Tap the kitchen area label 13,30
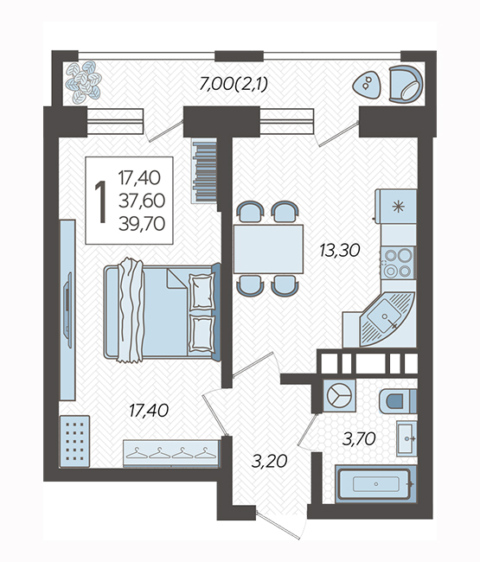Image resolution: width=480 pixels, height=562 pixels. pyautogui.click(x=340, y=250)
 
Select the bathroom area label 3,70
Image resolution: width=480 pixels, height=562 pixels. pyautogui.click(x=359, y=438)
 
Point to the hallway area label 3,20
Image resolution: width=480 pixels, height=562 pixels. pyautogui.click(x=269, y=462)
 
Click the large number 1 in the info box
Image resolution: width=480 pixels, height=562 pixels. pyautogui.click(x=101, y=201)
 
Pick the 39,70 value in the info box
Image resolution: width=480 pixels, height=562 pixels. pyautogui.click(x=142, y=224)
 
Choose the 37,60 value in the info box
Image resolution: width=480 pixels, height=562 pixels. pyautogui.click(x=142, y=201)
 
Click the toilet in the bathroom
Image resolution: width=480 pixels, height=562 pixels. pyautogui.click(x=398, y=400)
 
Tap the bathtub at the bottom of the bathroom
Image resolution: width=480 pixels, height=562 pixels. pyautogui.click(x=376, y=484)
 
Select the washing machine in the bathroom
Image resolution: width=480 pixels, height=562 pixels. pyautogui.click(x=339, y=395)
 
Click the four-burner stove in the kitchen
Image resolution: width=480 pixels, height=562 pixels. pyautogui.click(x=398, y=264)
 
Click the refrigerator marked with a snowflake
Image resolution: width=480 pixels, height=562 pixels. pyautogui.click(x=396, y=207)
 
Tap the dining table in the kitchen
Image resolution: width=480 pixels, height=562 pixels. pyautogui.click(x=268, y=249)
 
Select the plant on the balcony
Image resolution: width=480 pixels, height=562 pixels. pyautogui.click(x=84, y=82)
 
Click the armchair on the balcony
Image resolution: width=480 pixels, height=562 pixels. pyautogui.click(x=406, y=85)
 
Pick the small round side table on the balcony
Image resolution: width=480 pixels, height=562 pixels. pyautogui.click(x=366, y=86)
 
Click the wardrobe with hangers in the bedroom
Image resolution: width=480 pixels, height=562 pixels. pyautogui.click(x=171, y=453)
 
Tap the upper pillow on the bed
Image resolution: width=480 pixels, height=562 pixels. pyautogui.click(x=202, y=291)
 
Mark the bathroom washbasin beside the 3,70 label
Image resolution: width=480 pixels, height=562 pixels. pyautogui.click(x=406, y=438)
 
